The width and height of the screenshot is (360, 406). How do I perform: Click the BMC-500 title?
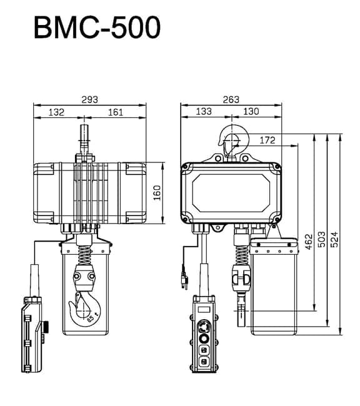coord(97,28)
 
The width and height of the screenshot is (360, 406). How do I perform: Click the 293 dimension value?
coord(89,99)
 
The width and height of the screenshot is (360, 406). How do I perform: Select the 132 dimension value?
coord(57,112)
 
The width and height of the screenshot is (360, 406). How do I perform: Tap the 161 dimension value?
coord(115,112)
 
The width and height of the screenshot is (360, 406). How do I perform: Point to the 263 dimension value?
coord(231,99)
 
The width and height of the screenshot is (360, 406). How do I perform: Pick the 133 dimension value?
coord(204,112)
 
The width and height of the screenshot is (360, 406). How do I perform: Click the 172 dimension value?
coord(267,141)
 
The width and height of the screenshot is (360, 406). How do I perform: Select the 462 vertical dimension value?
coord(308,241)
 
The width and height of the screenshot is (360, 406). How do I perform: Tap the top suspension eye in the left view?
coord(83,139)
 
